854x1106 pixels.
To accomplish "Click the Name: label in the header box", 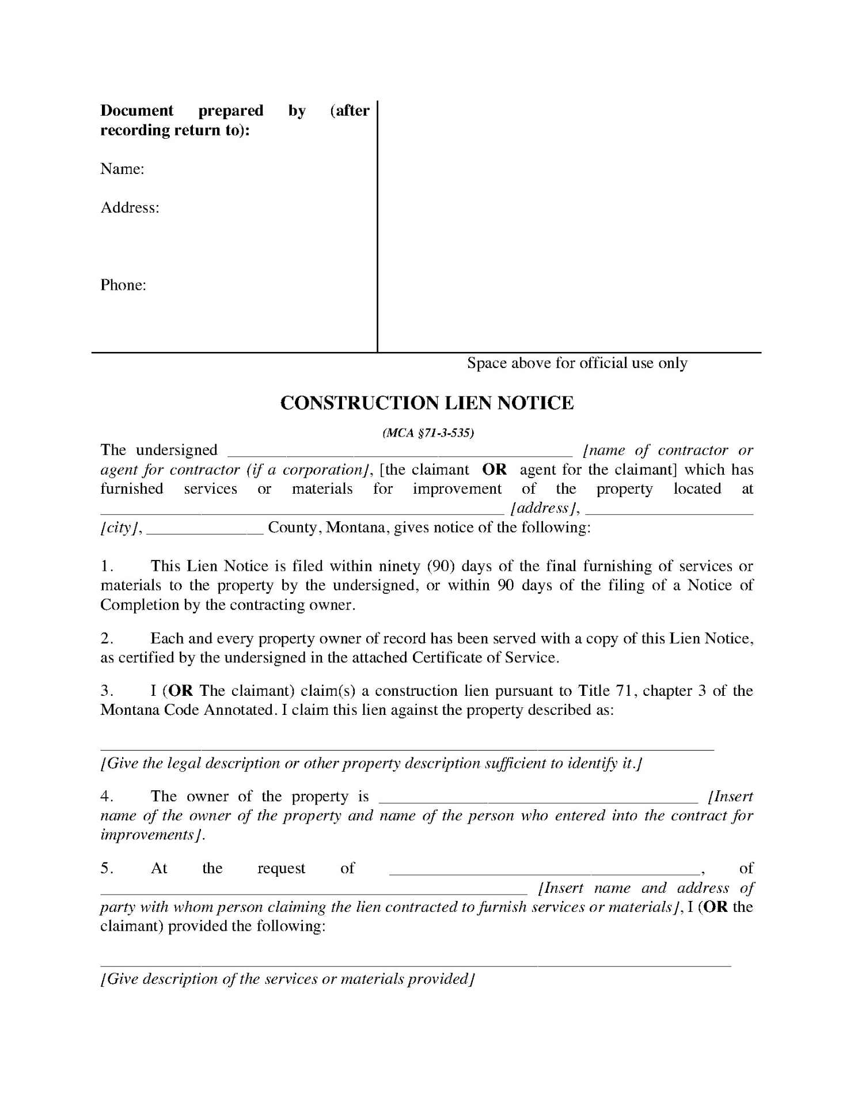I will pos(122,169).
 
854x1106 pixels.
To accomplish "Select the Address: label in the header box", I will pos(130,207).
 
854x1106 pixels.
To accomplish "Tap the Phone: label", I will pos(123,285).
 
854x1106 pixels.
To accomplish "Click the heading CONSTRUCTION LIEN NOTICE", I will pos(427,403).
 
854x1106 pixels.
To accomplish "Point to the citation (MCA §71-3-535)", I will pos(428,433).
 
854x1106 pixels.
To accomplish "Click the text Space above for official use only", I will pos(576,363).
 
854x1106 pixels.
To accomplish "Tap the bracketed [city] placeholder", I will pos(118,528).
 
